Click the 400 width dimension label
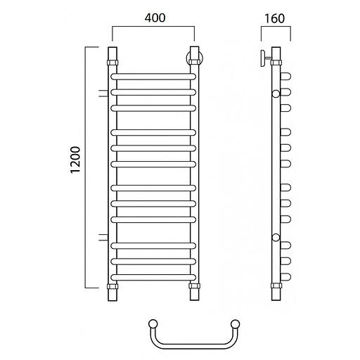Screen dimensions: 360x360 pyautogui.click(x=155, y=18)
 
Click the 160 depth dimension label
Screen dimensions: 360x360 pyautogui.click(x=274, y=18)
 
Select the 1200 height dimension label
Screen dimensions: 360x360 pyautogui.click(x=75, y=160)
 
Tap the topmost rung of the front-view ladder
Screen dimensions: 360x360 pyautogui.click(x=153, y=77)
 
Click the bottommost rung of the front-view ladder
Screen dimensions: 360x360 pyautogui.click(x=153, y=278)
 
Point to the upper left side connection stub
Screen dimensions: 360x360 pyautogui.click(x=103, y=94)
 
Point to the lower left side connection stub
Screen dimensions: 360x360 pyautogui.click(x=103, y=237)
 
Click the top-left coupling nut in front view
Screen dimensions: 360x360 pyautogui.click(x=112, y=63)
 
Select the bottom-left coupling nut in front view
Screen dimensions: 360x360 pyautogui.click(x=112, y=286)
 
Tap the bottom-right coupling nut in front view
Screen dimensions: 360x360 pyautogui.click(x=195, y=286)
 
